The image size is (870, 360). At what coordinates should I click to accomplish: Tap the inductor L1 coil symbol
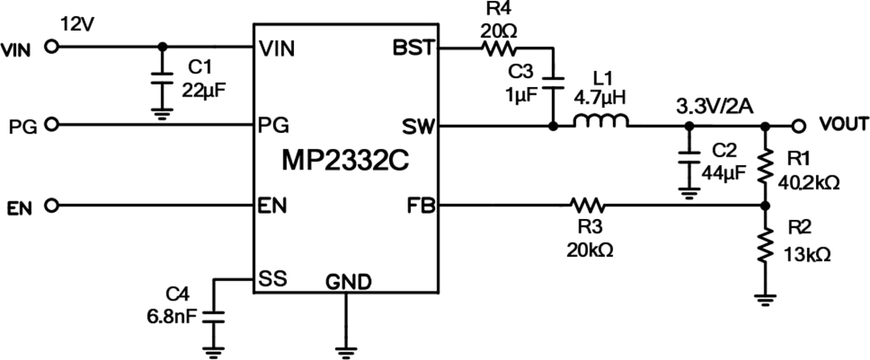601,125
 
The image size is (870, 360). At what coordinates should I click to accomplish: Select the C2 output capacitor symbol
688,161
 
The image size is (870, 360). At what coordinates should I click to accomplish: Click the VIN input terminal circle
52,47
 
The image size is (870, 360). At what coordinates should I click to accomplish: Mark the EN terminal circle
52,206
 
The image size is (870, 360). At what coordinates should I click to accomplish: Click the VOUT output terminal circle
797,125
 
